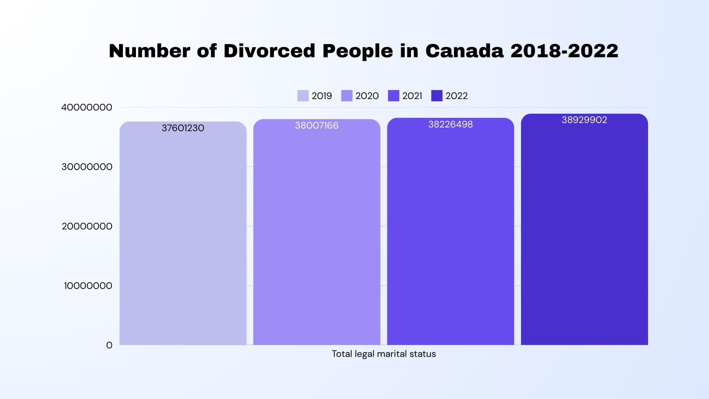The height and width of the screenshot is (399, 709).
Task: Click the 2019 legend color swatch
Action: point(303,96)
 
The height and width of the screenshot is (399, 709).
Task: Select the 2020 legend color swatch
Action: point(347,96)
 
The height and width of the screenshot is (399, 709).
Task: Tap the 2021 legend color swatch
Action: point(393,96)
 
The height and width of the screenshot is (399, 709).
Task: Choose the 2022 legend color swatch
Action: point(437,96)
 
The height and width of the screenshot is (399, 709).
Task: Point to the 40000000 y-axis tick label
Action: point(87,108)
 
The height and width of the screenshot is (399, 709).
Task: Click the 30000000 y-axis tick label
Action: point(87,167)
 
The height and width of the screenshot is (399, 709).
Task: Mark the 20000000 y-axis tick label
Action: point(87,226)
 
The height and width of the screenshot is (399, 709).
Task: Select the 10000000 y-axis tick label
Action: point(88,286)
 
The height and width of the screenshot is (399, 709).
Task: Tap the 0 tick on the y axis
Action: point(109,345)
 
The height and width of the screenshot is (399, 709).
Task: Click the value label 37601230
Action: point(183,128)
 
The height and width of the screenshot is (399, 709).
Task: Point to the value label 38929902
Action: point(584,120)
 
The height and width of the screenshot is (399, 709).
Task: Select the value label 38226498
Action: point(451,125)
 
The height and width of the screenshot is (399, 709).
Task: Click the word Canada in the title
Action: point(464,51)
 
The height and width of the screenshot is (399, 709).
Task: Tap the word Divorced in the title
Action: point(269,51)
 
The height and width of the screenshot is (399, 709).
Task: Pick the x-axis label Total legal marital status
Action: point(384,354)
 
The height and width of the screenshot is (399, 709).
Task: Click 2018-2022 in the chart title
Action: point(564,51)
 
